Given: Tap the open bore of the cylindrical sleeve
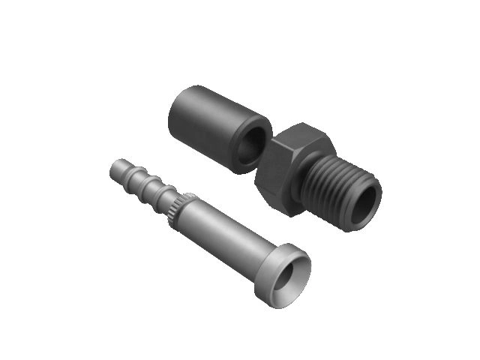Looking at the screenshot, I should point(255,147).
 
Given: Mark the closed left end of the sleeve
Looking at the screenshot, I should point(174,112).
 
